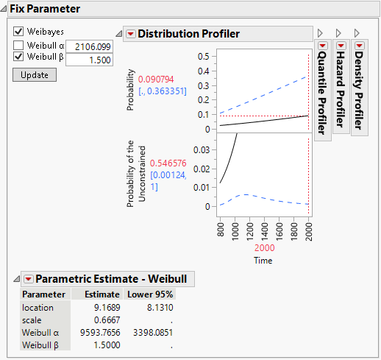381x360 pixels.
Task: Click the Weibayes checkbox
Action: (18, 32)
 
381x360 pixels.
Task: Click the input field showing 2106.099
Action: (90, 46)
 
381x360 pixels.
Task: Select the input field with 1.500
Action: (90, 59)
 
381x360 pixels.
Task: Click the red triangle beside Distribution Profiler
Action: (130, 34)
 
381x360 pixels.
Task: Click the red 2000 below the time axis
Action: (263, 249)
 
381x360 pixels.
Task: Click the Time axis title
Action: (263, 261)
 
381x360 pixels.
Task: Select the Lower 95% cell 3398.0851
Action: (155, 332)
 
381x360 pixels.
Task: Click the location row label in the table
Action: (38, 307)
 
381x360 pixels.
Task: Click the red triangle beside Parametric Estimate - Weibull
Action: (28, 279)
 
